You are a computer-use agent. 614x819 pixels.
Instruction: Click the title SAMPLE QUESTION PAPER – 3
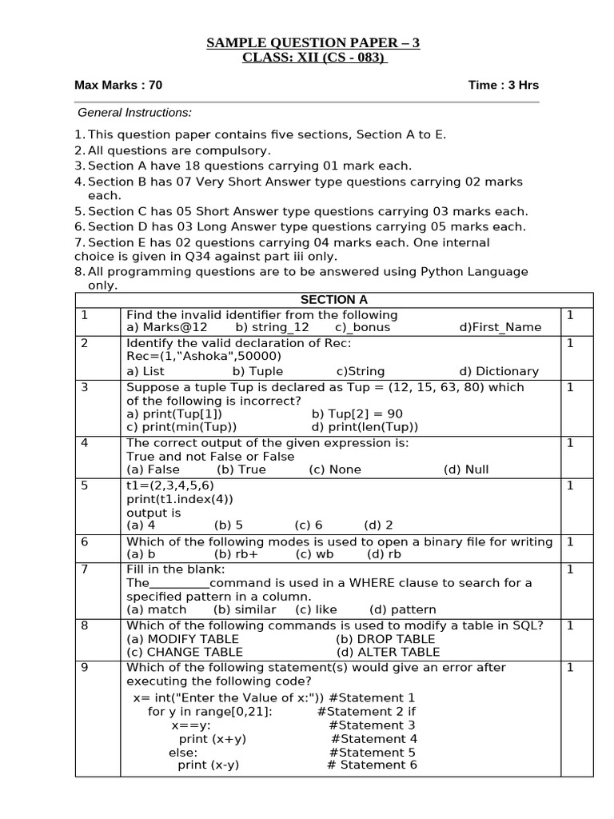point(313,42)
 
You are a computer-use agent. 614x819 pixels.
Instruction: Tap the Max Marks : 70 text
point(118,85)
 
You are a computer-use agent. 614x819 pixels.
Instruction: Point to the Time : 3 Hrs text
point(503,85)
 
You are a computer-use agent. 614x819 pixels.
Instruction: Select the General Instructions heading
point(134,113)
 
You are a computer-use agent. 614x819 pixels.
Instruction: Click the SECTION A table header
point(333,300)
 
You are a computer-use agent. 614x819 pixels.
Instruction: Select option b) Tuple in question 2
point(257,371)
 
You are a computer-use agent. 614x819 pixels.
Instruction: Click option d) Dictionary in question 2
point(499,371)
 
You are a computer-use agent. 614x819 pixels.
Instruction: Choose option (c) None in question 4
point(335,469)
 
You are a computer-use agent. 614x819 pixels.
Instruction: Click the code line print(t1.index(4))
point(180,499)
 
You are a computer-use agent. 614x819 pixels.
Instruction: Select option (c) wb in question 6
point(314,554)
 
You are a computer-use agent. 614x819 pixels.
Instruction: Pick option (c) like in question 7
point(314,609)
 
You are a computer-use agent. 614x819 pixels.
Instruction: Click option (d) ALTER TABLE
point(387,652)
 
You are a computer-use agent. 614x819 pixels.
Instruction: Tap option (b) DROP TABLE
point(385,639)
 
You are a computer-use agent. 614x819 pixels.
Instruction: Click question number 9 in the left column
point(85,668)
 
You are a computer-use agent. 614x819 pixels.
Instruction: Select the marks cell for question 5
point(570,485)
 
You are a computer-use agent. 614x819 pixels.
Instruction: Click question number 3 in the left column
point(85,387)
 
